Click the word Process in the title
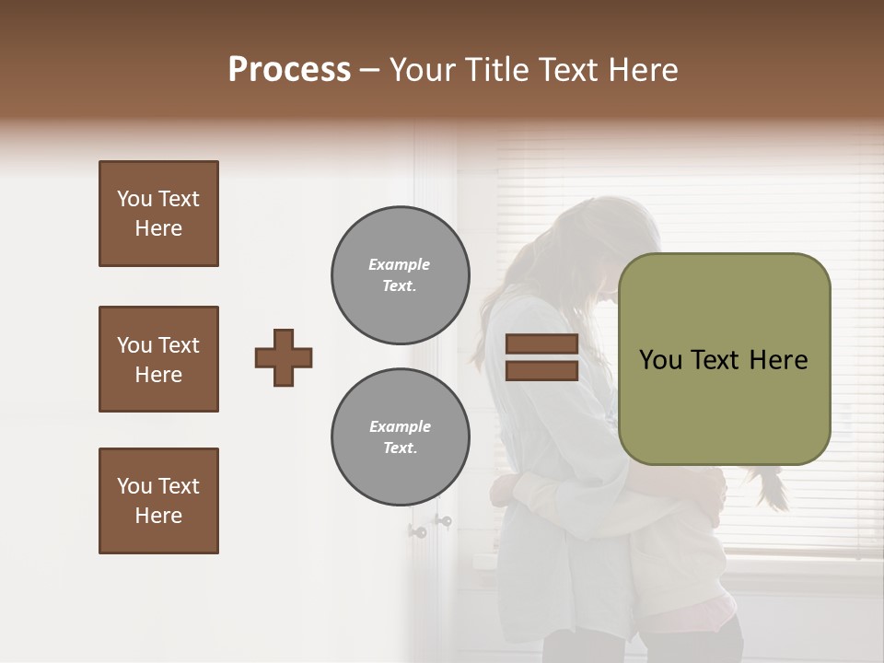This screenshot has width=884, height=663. (289, 69)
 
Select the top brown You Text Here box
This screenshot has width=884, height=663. (158, 214)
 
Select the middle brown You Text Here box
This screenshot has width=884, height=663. (158, 359)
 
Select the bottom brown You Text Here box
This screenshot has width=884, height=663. (158, 501)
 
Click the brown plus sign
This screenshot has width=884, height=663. (284, 357)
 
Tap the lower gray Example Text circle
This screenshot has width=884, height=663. (400, 436)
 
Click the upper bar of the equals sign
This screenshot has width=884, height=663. (541, 344)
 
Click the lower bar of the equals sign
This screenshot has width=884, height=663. (541, 370)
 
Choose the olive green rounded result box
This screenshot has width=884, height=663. (724, 359)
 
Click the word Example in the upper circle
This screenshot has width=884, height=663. (400, 264)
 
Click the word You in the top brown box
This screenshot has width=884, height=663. (134, 199)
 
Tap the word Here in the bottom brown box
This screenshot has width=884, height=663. (158, 516)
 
